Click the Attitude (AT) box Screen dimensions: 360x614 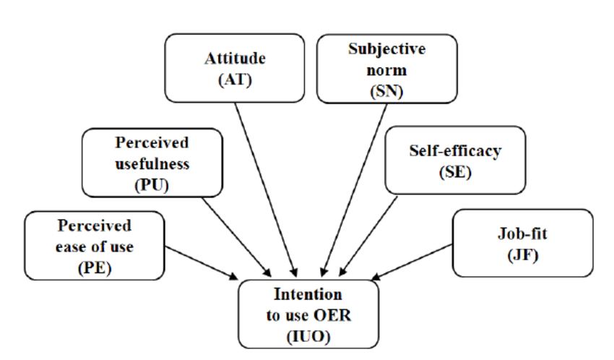click(235, 69)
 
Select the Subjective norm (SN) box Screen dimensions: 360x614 click(386, 69)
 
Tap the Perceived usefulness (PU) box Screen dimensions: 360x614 click(151, 162)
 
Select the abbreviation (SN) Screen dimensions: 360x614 click(386, 90)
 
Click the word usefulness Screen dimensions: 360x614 click(152, 163)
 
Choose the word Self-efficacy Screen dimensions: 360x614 click(454, 152)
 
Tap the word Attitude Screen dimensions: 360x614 click(235, 59)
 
